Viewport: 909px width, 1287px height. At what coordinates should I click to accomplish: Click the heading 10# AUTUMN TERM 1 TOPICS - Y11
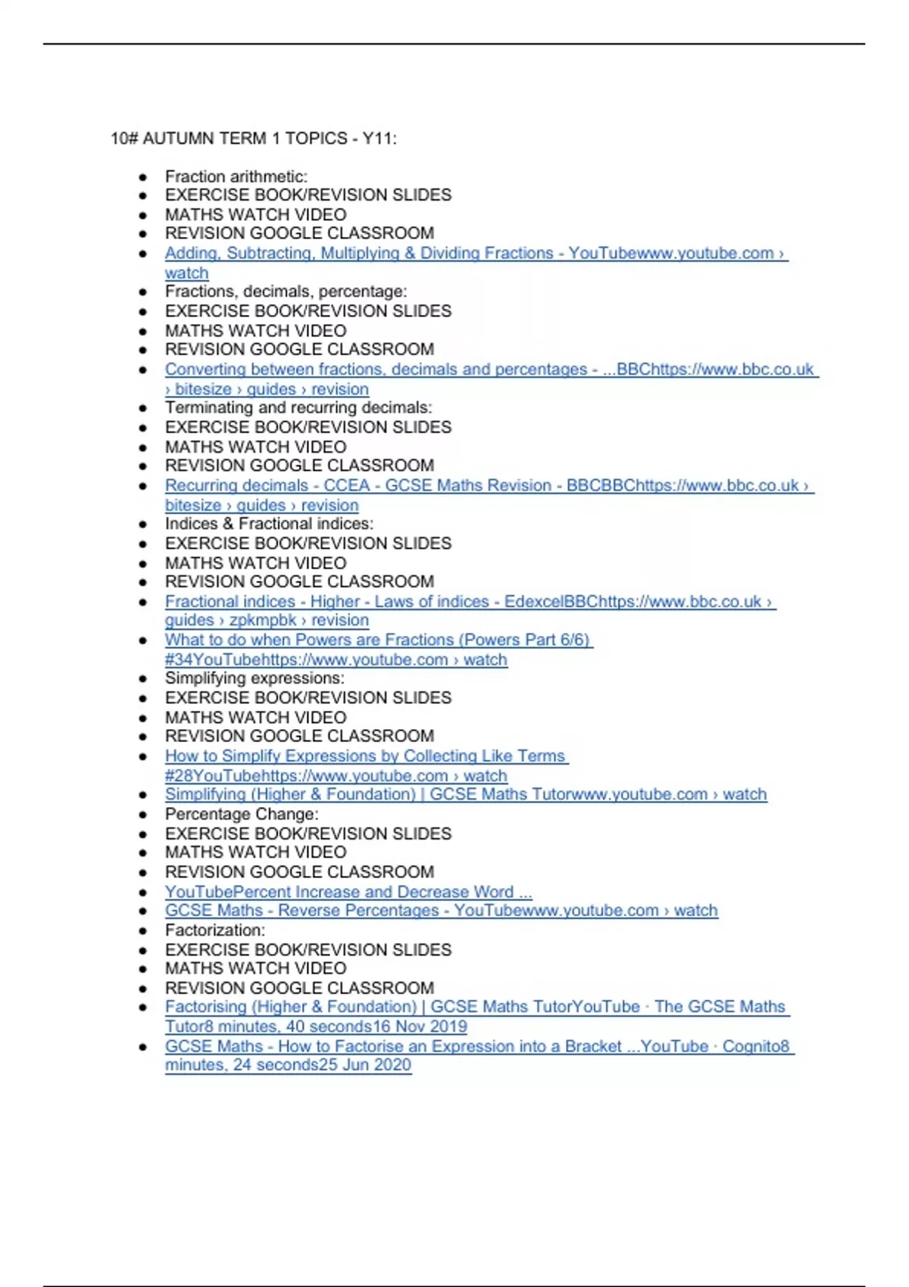pyautogui.click(x=253, y=139)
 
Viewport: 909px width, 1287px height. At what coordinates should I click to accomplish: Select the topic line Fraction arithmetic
pyautogui.click(x=236, y=176)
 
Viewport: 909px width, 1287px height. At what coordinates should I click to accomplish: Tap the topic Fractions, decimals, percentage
pyautogui.click(x=286, y=291)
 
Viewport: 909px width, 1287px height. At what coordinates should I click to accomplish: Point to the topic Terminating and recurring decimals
pyautogui.click(x=298, y=407)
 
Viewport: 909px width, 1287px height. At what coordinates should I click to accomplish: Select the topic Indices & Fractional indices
pyautogui.click(x=269, y=524)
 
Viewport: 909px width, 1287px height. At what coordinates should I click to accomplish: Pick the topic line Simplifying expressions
pyautogui.click(x=255, y=678)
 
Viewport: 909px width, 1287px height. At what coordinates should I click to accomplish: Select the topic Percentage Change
pyautogui.click(x=242, y=815)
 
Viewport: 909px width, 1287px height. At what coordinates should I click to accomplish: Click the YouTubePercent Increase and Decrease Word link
pyautogui.click(x=348, y=892)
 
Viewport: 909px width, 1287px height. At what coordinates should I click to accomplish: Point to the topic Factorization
pyautogui.click(x=215, y=930)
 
